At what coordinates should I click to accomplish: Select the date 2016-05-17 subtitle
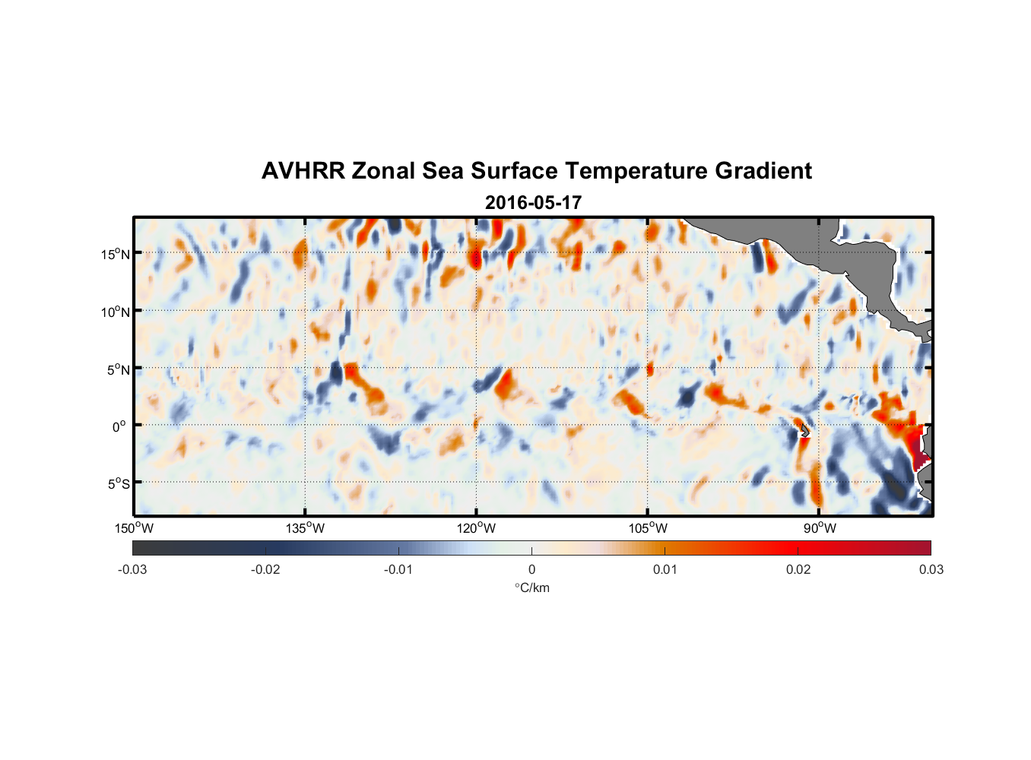(533, 203)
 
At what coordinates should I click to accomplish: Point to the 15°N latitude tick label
(115, 254)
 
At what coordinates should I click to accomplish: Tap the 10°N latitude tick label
(115, 312)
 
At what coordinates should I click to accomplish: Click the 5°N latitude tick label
(118, 369)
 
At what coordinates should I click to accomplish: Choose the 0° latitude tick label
(119, 426)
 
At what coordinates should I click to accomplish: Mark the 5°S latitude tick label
(118, 484)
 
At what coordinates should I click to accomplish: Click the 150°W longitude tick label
(134, 528)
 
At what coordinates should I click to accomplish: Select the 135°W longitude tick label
(305, 528)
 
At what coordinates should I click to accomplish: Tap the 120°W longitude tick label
(476, 528)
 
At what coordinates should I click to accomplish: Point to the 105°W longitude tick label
(648, 528)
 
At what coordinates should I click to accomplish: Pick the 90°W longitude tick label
(820, 528)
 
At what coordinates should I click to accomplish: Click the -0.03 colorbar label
(132, 569)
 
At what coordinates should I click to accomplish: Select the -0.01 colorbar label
(398, 569)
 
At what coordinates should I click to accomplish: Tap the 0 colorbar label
(531, 569)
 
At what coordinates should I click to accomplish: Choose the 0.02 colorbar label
(798, 569)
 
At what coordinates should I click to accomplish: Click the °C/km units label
(531, 587)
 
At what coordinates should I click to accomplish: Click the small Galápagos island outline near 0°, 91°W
(804, 430)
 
